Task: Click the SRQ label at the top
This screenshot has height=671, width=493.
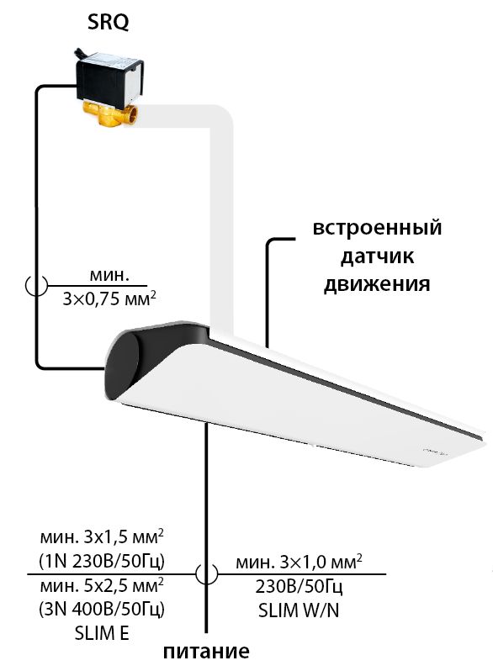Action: point(108,22)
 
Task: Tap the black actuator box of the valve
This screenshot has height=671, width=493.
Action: point(109,78)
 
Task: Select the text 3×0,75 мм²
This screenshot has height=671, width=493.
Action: point(109,299)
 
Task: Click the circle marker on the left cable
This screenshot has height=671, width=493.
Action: point(36,285)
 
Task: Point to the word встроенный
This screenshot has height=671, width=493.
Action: point(377,228)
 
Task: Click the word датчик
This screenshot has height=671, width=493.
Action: point(377,256)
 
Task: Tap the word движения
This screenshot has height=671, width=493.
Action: point(377,283)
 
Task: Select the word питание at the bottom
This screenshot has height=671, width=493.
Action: point(206,652)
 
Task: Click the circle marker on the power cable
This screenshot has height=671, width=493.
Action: point(206,573)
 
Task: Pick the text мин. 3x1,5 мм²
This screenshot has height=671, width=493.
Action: point(102,537)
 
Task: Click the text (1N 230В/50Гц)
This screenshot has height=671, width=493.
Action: point(102,561)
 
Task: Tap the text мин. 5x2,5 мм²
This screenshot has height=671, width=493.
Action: point(102,585)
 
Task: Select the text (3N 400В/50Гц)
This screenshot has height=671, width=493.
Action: point(102,609)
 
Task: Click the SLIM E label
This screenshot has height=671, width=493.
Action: point(102,633)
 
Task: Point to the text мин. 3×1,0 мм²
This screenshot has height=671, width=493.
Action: point(299,562)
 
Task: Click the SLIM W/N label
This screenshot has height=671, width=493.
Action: point(299,610)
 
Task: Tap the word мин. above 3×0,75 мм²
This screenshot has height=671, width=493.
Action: point(109,275)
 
